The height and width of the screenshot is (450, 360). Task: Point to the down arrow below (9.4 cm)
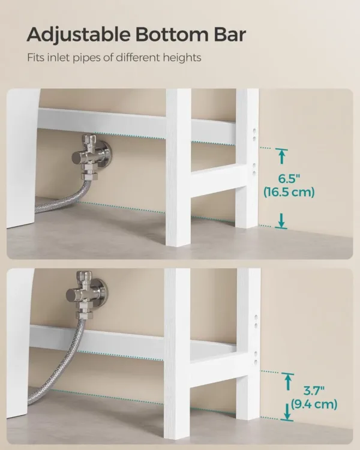287,412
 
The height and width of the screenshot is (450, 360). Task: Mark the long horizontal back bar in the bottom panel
96,341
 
